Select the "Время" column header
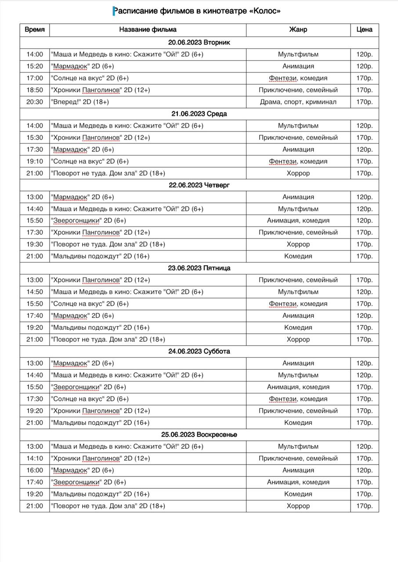[35, 30]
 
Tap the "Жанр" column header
[298, 30]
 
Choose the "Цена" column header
[364, 30]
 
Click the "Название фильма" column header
[148, 30]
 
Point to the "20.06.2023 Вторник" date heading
[199, 43]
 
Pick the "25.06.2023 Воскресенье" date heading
[199, 435]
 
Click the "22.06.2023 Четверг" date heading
[199, 185]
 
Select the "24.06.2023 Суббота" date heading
[199, 352]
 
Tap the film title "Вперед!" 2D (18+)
[80, 102]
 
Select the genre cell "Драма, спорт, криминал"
[298, 102]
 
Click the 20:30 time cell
[35, 102]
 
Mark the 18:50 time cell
[35, 90]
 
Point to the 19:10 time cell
[35, 162]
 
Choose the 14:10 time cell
[35, 458]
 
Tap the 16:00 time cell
[35, 470]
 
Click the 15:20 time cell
[35, 66]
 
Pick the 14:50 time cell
[35, 292]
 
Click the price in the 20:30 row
[364, 102]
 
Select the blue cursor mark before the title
[115, 11]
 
